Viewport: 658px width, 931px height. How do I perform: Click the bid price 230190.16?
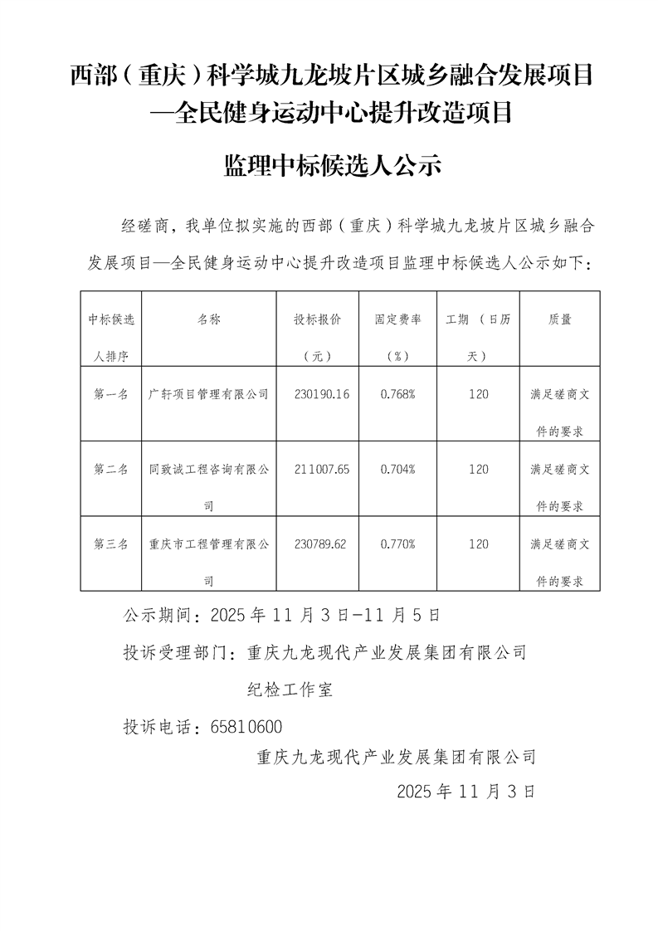pyautogui.click(x=321, y=395)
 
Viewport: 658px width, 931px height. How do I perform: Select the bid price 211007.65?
pyautogui.click(x=321, y=470)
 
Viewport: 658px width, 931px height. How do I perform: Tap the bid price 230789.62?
pyautogui.click(x=321, y=545)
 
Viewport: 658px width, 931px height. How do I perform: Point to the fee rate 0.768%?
pyautogui.click(x=397, y=395)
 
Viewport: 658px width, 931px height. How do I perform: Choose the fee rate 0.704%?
pyautogui.click(x=397, y=470)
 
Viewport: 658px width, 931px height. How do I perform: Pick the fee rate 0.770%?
pyautogui.click(x=397, y=545)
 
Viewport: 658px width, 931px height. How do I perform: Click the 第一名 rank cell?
pyautogui.click(x=111, y=395)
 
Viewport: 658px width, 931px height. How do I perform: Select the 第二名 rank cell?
pyautogui.click(x=111, y=470)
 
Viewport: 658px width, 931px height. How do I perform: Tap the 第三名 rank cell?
pyautogui.click(x=111, y=545)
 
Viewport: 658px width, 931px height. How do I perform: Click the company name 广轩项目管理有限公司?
pyautogui.click(x=208, y=395)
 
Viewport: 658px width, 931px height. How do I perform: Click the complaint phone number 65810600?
pyautogui.click(x=247, y=727)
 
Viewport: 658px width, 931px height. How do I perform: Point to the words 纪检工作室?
pyautogui.click(x=290, y=690)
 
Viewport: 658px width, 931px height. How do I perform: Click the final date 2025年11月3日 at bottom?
pyautogui.click(x=466, y=791)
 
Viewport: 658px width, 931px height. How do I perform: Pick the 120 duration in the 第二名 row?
pyautogui.click(x=478, y=470)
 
